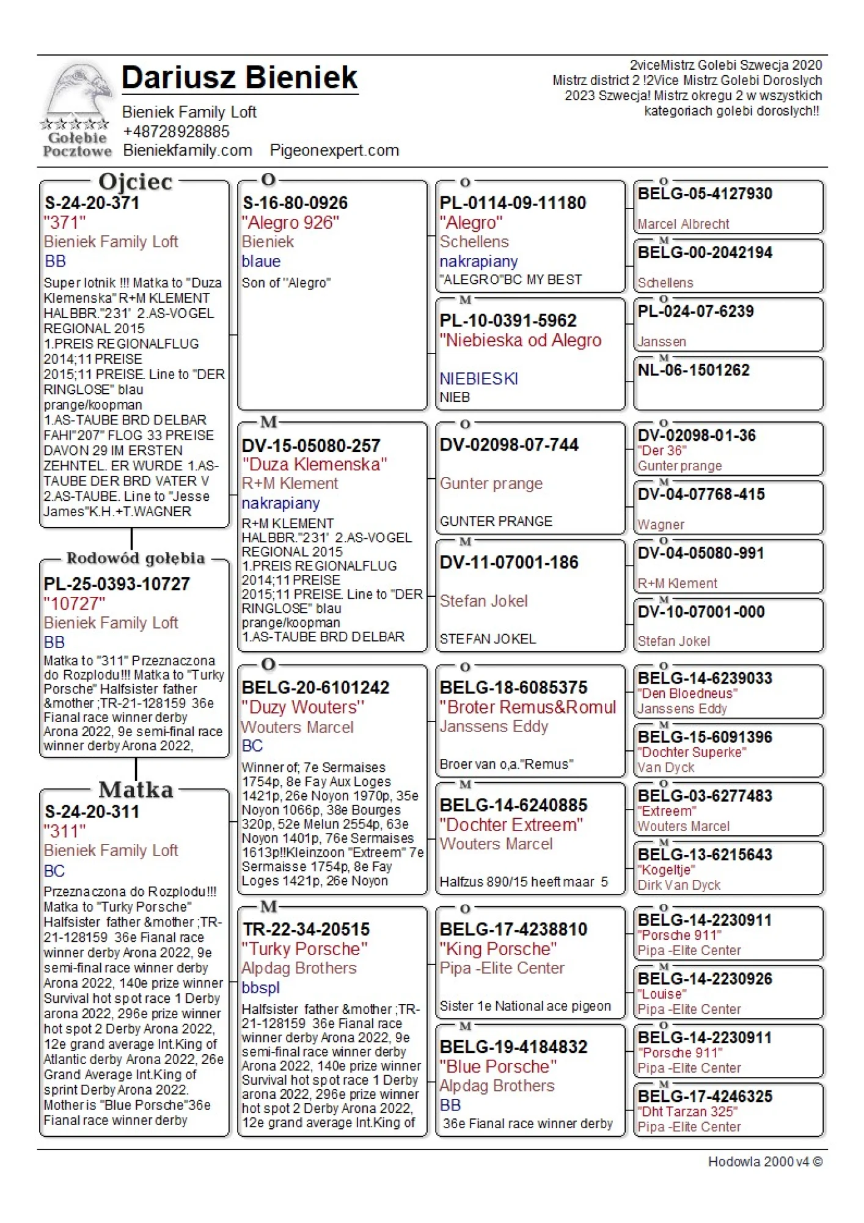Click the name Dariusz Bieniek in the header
(x=240, y=78)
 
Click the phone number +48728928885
(x=176, y=131)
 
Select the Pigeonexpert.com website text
(x=334, y=150)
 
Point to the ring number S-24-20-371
(x=92, y=203)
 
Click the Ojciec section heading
(x=136, y=182)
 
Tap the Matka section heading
(x=136, y=789)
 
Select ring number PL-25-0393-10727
(x=117, y=584)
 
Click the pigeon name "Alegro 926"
(x=290, y=223)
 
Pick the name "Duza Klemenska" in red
(x=314, y=464)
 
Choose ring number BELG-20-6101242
(x=315, y=687)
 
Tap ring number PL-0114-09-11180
(x=513, y=203)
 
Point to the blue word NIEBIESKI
(x=478, y=379)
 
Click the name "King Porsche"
(x=498, y=949)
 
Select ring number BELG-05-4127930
(x=705, y=194)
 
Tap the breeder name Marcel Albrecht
(x=683, y=224)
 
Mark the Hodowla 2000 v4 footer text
(x=764, y=1161)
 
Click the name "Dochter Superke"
(x=692, y=752)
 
